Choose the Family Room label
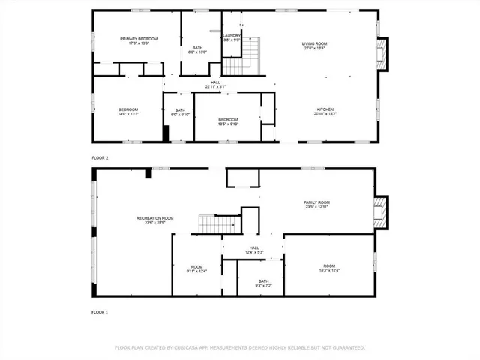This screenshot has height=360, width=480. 316,205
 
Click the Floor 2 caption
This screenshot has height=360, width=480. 100,158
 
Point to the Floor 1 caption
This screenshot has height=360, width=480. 100,311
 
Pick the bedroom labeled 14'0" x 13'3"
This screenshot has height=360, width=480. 128,112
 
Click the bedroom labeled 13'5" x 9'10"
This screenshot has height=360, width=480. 228,121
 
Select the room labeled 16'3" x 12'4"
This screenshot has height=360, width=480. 329,268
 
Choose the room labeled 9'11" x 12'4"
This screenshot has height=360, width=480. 196,268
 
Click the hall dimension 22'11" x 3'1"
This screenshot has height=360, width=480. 215,87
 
